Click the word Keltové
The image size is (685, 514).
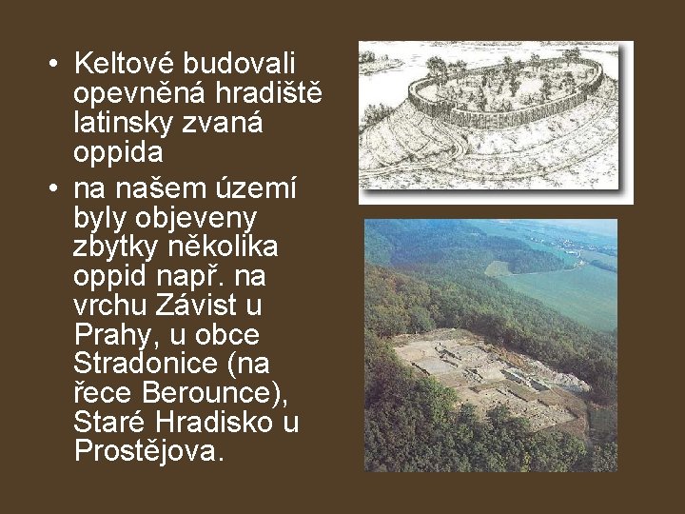pyautogui.click(x=125, y=64)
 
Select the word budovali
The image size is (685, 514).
pyautogui.click(x=240, y=64)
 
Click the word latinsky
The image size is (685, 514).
pyautogui.click(x=126, y=124)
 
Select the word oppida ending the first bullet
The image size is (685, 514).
pyautogui.click(x=118, y=152)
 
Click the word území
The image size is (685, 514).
pyautogui.click(x=259, y=186)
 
